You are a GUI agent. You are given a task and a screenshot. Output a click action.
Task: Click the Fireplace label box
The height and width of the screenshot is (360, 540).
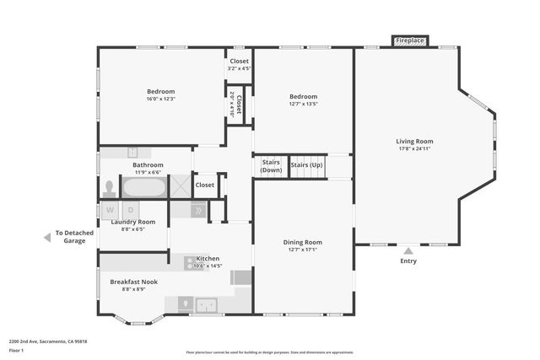click(411, 40)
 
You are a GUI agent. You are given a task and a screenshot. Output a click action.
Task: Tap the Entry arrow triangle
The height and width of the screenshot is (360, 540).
click(408, 250)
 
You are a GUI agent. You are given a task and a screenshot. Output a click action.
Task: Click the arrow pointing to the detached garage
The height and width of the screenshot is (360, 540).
click(47, 238)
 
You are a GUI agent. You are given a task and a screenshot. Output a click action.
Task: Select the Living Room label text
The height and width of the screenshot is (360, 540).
click(414, 141)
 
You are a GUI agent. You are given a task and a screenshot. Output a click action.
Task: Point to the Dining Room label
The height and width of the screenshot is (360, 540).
click(302, 242)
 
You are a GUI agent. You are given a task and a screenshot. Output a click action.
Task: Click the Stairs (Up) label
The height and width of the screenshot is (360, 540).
click(307, 164)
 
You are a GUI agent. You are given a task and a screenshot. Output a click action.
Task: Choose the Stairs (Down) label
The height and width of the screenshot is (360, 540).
click(271, 165)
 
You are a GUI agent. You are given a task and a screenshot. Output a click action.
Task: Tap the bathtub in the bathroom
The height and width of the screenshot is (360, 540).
click(144, 186)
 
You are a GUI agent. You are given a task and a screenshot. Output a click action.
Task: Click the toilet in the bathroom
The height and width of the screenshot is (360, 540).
click(110, 187)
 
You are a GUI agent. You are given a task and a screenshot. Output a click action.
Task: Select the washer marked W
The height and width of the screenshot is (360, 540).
click(111, 209)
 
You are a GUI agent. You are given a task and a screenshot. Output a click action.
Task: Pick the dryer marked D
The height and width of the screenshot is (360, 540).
click(131, 209)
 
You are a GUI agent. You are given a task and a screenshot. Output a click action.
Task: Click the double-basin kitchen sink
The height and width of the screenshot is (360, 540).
click(208, 304)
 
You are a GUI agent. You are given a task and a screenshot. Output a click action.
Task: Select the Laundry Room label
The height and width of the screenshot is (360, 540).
click(133, 222)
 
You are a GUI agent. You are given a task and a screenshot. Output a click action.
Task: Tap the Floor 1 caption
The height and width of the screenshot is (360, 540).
click(15, 350)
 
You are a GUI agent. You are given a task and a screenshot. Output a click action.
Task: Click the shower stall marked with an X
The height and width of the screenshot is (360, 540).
click(180, 186)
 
